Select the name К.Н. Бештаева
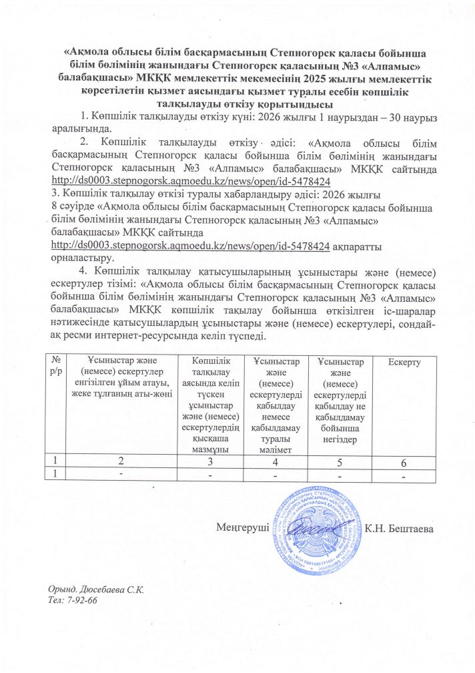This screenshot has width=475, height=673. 399,529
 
